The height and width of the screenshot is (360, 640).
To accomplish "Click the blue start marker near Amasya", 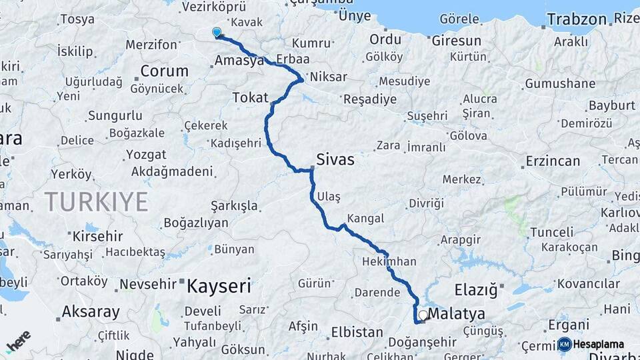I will point(216,31).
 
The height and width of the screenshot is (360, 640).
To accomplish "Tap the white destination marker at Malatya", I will point(423,315).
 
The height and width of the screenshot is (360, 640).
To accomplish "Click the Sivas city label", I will point(335,160).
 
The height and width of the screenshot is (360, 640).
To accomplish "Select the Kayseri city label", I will point(219,287).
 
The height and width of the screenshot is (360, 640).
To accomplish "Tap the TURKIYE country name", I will point(97,201).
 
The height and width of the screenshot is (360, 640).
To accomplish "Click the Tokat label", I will point(250,97).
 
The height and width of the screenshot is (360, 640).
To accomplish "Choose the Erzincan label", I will point(553,161).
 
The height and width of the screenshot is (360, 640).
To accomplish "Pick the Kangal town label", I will point(365,218).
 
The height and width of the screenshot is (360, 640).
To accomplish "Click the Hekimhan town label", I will point(389,261).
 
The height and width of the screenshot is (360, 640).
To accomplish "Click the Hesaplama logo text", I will point(598,345).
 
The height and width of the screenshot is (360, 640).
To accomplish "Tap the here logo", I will point(18,341).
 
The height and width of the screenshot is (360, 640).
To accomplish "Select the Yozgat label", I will point(145,155).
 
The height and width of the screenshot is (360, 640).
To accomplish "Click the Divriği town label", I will point(426,203).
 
